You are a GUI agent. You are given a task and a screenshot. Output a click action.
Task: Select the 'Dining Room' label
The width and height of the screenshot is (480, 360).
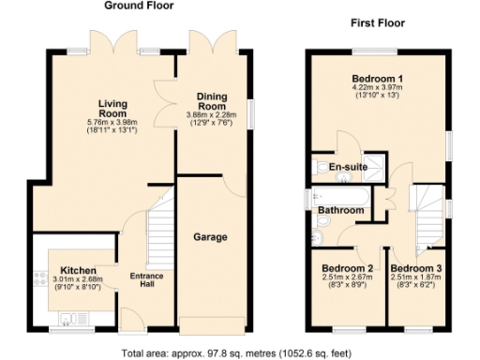pos(213,101)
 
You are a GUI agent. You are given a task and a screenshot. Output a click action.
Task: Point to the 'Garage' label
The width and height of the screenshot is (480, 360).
pos(211,237)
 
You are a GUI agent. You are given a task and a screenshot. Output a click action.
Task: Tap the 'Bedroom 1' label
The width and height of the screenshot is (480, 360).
pos(379,78)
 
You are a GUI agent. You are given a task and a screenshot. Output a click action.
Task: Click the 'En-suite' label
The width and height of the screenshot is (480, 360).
pos(346,167)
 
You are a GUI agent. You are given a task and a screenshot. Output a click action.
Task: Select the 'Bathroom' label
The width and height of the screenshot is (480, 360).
pos(340,210)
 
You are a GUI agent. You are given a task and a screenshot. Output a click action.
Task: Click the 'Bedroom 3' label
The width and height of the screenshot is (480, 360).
pos(417,268)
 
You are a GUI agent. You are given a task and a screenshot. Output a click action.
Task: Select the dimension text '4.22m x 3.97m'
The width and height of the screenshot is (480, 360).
pos(379,88)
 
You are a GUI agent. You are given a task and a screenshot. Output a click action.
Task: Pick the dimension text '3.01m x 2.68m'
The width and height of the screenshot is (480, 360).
pos(74,279)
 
